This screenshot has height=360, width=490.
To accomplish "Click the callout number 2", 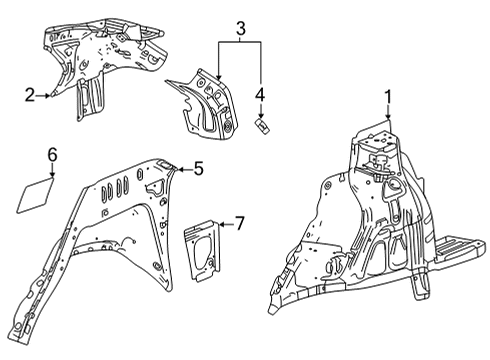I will (30, 95).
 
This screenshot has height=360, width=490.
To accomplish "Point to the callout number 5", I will (198, 170).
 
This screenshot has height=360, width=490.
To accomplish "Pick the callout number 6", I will (53, 153).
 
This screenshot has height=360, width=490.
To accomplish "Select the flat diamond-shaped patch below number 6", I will (37, 193).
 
